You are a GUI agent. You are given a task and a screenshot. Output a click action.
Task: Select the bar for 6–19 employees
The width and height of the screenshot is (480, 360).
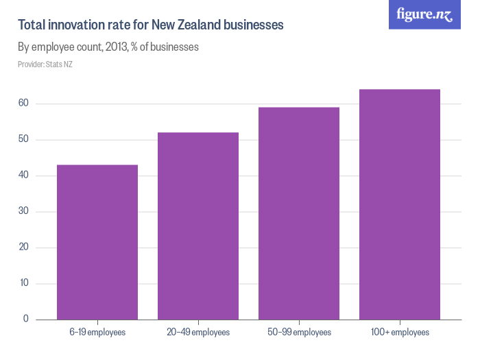[97, 242]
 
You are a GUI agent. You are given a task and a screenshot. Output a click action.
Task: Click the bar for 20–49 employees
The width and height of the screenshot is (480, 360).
[198, 226]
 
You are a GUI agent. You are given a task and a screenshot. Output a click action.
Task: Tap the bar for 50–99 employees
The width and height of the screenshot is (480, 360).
[299, 213]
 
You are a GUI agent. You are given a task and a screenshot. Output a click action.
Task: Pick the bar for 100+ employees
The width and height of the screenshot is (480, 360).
[400, 204]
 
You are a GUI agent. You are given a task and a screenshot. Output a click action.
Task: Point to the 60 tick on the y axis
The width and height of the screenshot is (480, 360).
[23, 104]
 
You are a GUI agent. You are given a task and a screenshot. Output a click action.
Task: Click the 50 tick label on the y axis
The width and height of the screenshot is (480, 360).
[23, 140]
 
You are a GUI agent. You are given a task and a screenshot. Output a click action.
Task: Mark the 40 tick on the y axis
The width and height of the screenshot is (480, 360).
[23, 176]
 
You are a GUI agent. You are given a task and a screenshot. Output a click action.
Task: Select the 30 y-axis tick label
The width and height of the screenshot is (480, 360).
[23, 212]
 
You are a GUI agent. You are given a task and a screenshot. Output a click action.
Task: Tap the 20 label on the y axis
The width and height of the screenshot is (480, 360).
[23, 248]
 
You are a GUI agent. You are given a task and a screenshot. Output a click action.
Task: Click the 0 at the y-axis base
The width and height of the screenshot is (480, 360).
[26, 320]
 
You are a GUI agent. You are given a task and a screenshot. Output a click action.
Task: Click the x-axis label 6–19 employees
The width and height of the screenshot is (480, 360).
[97, 333]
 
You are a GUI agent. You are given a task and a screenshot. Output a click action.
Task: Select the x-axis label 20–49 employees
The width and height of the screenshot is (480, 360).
[198, 333]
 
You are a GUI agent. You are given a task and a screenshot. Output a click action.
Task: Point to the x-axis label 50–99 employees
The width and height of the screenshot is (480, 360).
[299, 333]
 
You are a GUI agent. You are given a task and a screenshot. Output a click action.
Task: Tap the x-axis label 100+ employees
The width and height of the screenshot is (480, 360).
[400, 333]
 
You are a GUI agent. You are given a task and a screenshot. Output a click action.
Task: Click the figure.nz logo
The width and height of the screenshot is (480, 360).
[424, 14]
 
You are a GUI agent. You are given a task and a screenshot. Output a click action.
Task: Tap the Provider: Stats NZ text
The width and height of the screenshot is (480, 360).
[45, 64]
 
